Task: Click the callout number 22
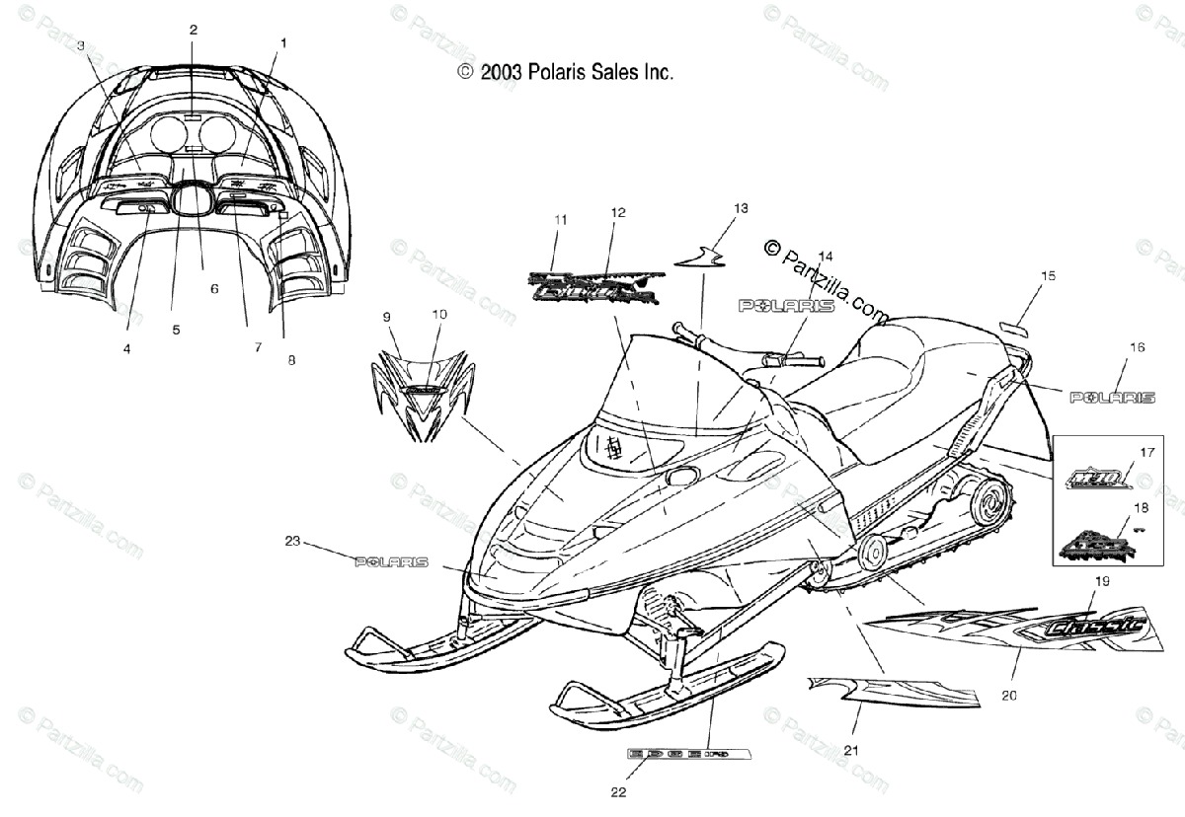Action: [618, 791]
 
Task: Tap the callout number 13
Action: [741, 208]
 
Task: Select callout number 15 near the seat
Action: [1048, 276]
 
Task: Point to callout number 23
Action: [292, 541]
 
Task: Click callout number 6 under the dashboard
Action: [214, 289]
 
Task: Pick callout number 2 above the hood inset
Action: [194, 30]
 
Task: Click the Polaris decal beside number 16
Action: [1115, 397]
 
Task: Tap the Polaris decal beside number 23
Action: [392, 561]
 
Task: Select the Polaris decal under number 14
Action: [787, 306]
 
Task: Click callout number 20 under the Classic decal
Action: [1008, 696]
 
